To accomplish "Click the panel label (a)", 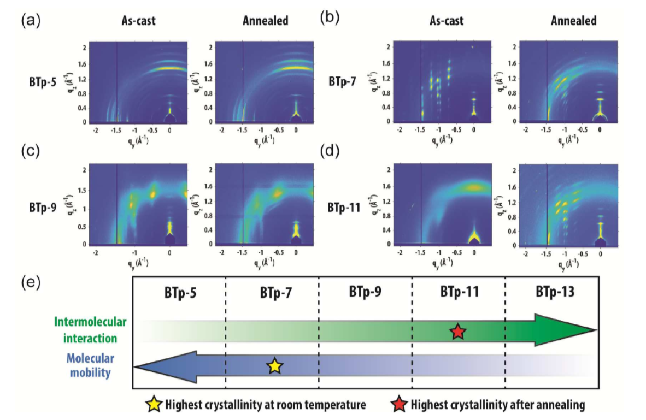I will (x=29, y=21).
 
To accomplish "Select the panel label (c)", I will (x=29, y=152).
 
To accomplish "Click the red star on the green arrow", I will (x=458, y=331).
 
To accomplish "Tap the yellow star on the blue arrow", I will (x=275, y=366).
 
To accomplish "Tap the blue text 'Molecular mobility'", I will (x=91, y=366).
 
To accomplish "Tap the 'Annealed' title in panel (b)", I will (x=573, y=22).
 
